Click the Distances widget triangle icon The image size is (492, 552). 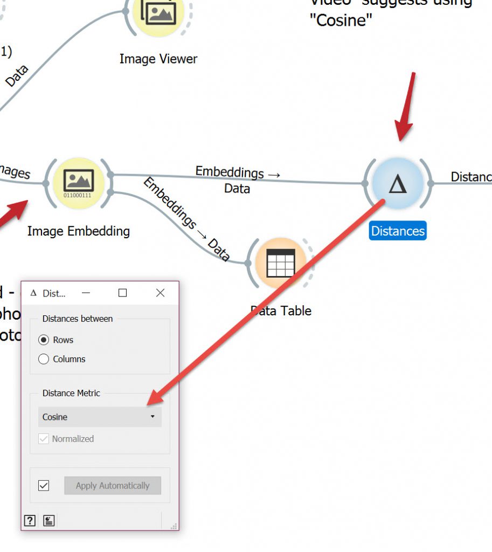pos(398,184)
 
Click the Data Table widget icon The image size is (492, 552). pos(281,264)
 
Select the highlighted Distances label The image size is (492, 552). pos(398,231)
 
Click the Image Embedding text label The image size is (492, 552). pos(79,231)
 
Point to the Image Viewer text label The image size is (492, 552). pos(158,59)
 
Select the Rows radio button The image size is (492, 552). pos(44,340)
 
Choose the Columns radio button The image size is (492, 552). pos(44,359)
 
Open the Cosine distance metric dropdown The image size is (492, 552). pos(100,417)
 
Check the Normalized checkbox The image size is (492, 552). pos(44,439)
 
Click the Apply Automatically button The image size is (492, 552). pos(113,486)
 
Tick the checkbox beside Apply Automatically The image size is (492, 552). pos(44,486)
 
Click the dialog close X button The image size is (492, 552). pos(160,293)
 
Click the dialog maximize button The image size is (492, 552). pos(123,293)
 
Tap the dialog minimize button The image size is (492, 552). pos(86,293)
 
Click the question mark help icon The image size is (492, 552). pos(30,520)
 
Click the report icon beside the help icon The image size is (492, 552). pos(49,520)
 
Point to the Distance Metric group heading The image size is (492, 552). pos(71,393)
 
